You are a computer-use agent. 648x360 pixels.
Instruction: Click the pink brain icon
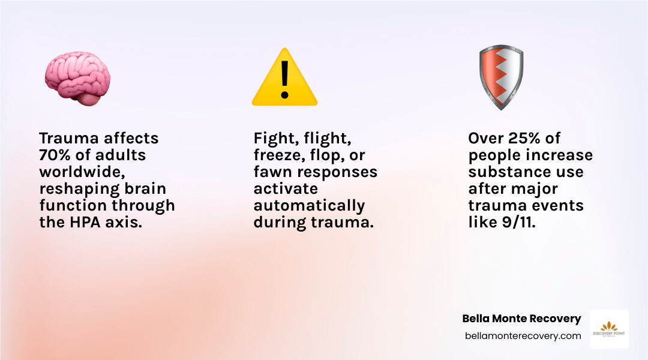[x=77, y=78]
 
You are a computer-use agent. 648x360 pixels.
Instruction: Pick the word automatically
[x=309, y=205]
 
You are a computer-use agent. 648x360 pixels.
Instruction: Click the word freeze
[x=280, y=155]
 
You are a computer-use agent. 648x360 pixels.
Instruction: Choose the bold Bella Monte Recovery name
[x=521, y=319]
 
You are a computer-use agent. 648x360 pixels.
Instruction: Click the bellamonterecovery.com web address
[x=523, y=336]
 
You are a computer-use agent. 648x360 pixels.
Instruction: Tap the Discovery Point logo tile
[x=609, y=329]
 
